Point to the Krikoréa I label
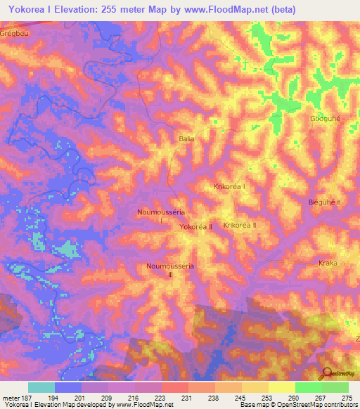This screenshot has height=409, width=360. pos(229,187)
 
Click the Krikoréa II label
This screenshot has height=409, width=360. pos(240,225)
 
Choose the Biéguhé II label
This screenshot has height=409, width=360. pos(324,202)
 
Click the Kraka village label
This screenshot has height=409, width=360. pos(328,263)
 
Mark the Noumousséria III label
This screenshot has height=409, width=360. pos(169,271)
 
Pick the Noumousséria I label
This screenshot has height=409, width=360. pos(161,215)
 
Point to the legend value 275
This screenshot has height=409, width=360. pos(347,398)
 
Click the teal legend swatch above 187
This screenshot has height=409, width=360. pos(41,387)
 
